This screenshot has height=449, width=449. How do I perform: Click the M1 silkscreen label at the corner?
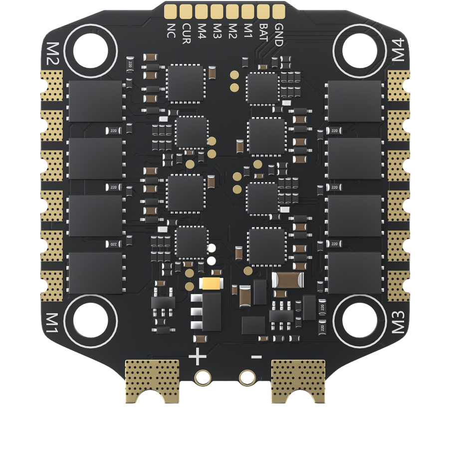(x=52, y=323)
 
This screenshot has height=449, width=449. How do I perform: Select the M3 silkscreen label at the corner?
(x=398, y=322)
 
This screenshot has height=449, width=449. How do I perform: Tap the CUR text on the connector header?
(x=186, y=33)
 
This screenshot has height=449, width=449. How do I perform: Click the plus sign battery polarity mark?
(x=198, y=357)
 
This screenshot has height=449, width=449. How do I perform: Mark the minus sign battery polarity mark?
(x=256, y=357)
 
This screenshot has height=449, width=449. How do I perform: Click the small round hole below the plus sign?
(x=203, y=377)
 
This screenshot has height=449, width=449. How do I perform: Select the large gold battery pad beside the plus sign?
(x=152, y=379)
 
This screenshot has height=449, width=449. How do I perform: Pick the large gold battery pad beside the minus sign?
(x=298, y=379)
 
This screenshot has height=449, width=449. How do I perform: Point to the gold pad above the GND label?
(x=278, y=10)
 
